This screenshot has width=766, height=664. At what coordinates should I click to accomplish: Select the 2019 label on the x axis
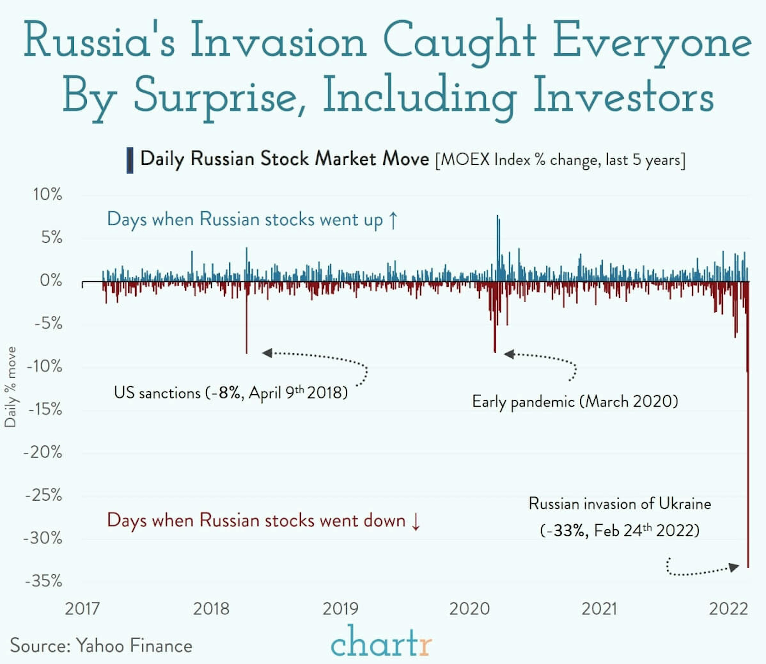click(340, 609)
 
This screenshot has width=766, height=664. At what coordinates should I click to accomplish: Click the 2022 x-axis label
click(728, 609)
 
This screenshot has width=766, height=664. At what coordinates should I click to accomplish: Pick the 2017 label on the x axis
click(82, 609)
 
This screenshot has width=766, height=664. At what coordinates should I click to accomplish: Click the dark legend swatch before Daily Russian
click(130, 160)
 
